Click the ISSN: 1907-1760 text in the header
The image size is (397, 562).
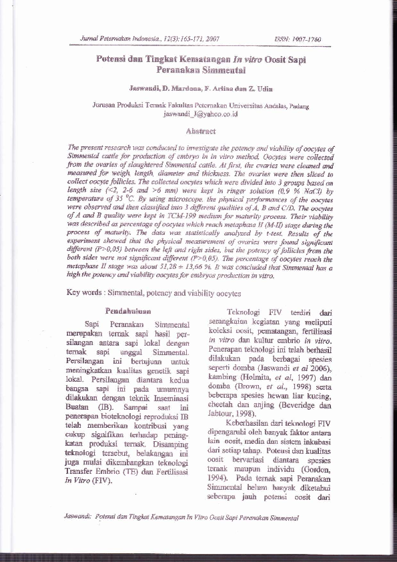298,40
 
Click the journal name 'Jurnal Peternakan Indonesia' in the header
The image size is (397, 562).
107,40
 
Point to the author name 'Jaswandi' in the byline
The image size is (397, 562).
144,88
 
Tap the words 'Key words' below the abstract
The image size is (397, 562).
88,292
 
